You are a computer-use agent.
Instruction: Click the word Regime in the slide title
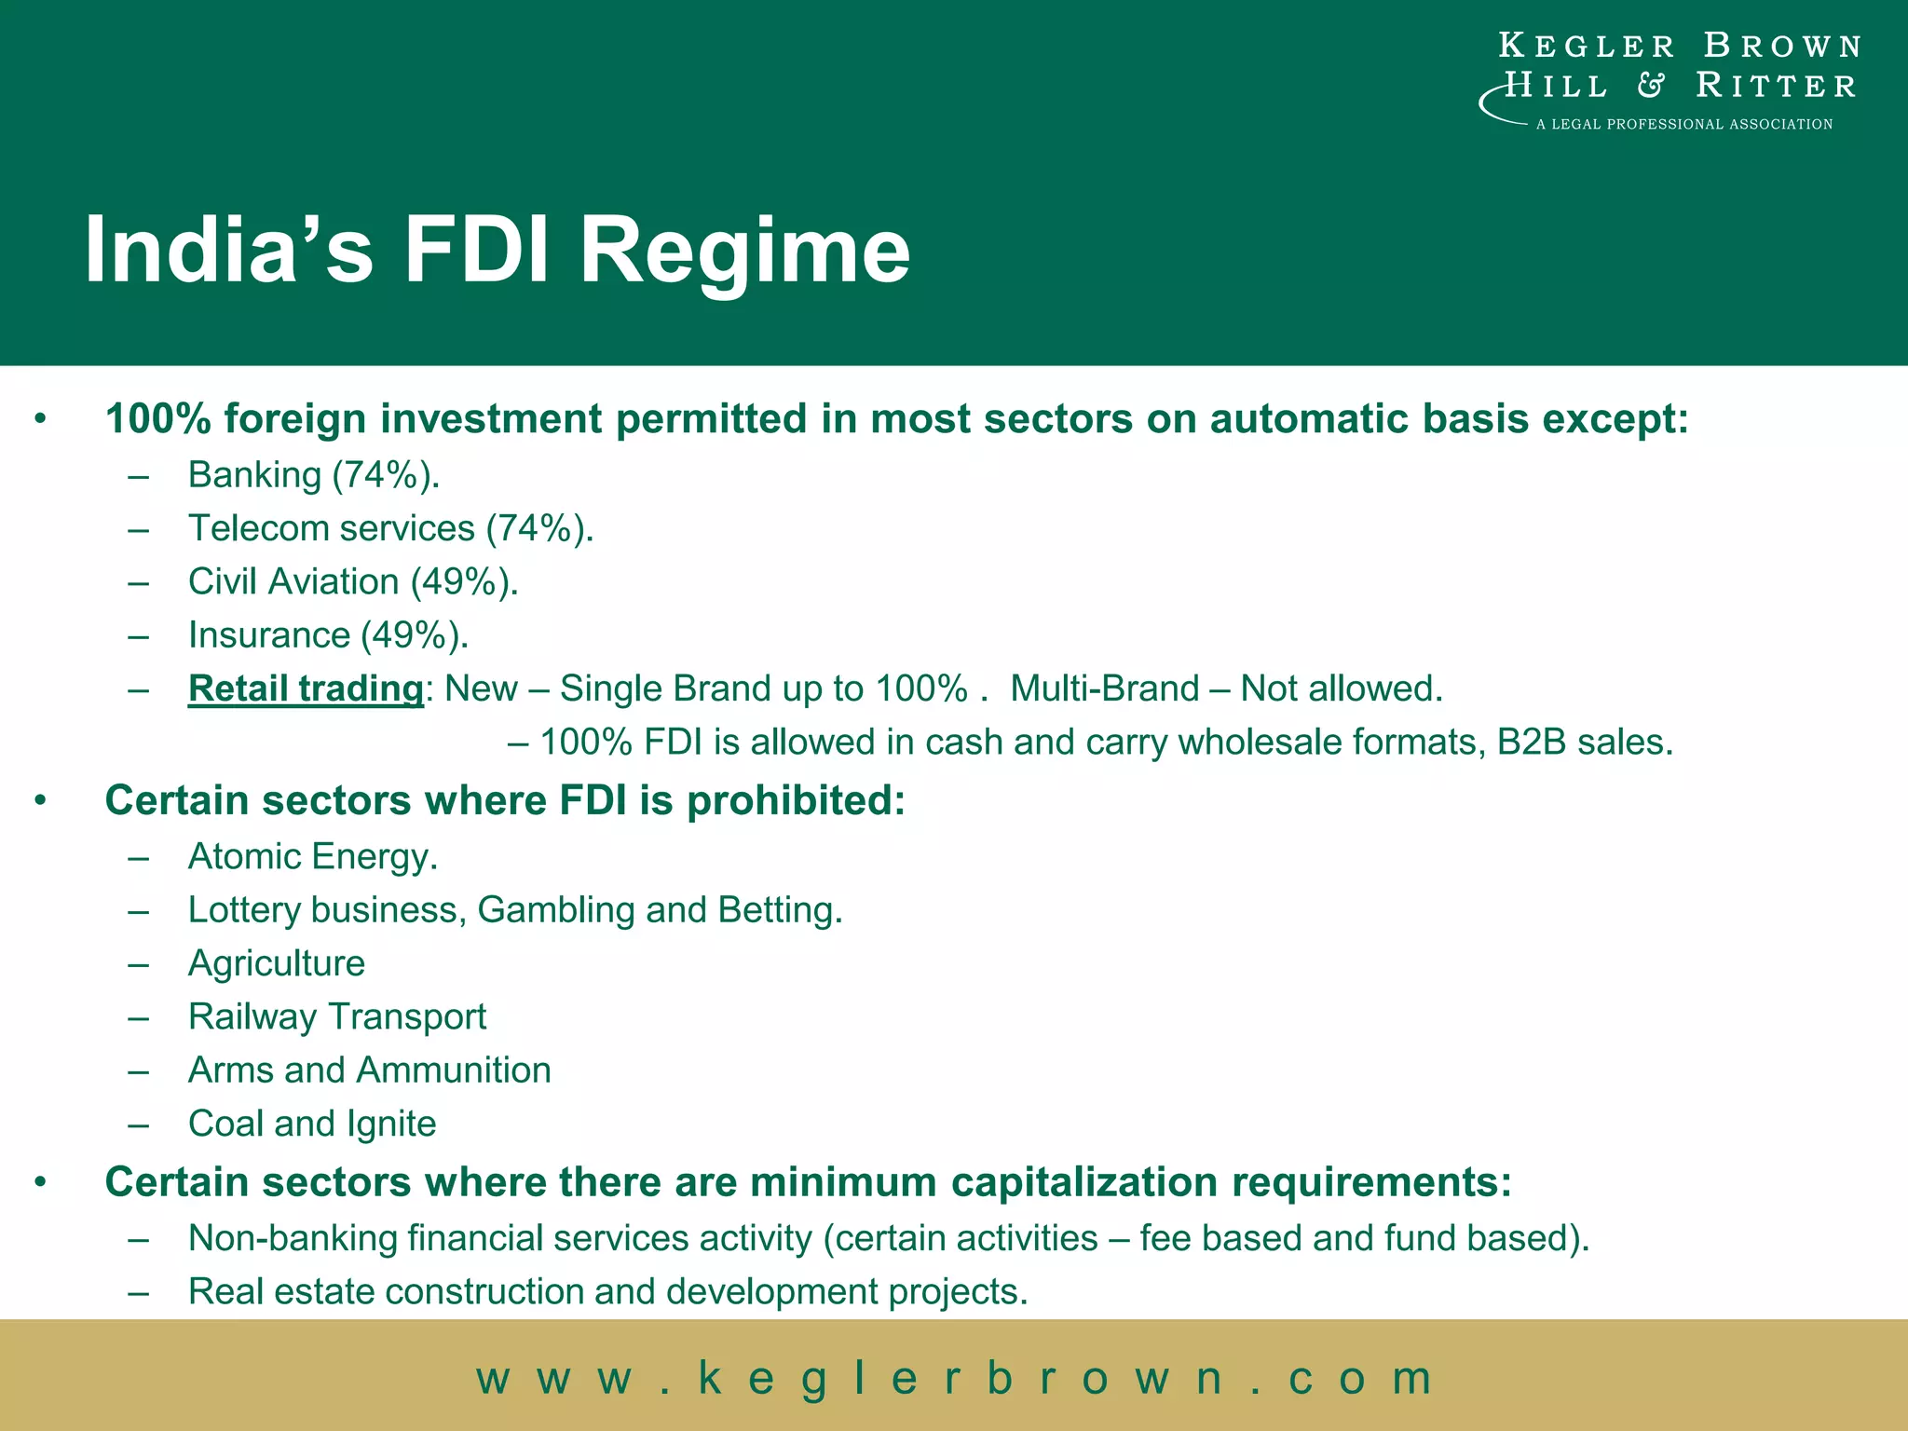pos(743,252)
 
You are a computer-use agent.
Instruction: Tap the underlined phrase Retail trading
pos(306,688)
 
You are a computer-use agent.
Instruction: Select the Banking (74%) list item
pos(313,475)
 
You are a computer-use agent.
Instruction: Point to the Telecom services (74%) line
pos(390,528)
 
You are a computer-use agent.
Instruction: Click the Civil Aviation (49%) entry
pos(352,581)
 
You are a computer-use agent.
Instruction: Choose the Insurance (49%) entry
pos(328,635)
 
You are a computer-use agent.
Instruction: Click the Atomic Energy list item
pos(312,856)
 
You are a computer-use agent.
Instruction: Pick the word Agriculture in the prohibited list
pos(277,963)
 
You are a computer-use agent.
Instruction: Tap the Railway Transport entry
pos(336,1016)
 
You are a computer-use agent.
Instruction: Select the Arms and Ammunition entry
pos(369,1070)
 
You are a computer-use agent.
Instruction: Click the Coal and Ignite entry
pos(311,1124)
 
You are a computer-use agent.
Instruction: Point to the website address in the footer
pos(954,1378)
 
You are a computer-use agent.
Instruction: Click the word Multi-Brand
pos(1104,688)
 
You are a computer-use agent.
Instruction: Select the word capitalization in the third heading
pos(1084,1182)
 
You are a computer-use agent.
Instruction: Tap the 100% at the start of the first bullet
pos(157,419)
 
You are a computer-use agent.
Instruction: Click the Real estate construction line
pos(607,1292)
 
